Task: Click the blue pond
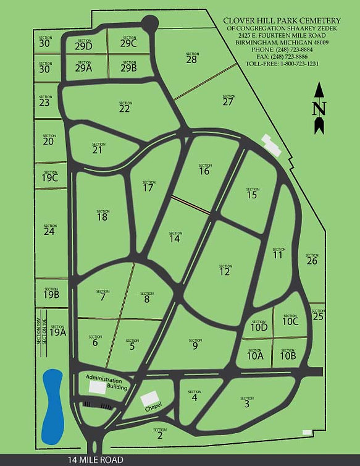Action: click(52, 405)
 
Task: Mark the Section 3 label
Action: click(246, 402)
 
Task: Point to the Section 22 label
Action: click(125, 107)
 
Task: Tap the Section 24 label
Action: click(49, 230)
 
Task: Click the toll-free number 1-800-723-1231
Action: click(282, 64)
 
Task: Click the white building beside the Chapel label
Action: click(149, 399)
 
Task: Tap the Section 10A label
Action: click(256, 354)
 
